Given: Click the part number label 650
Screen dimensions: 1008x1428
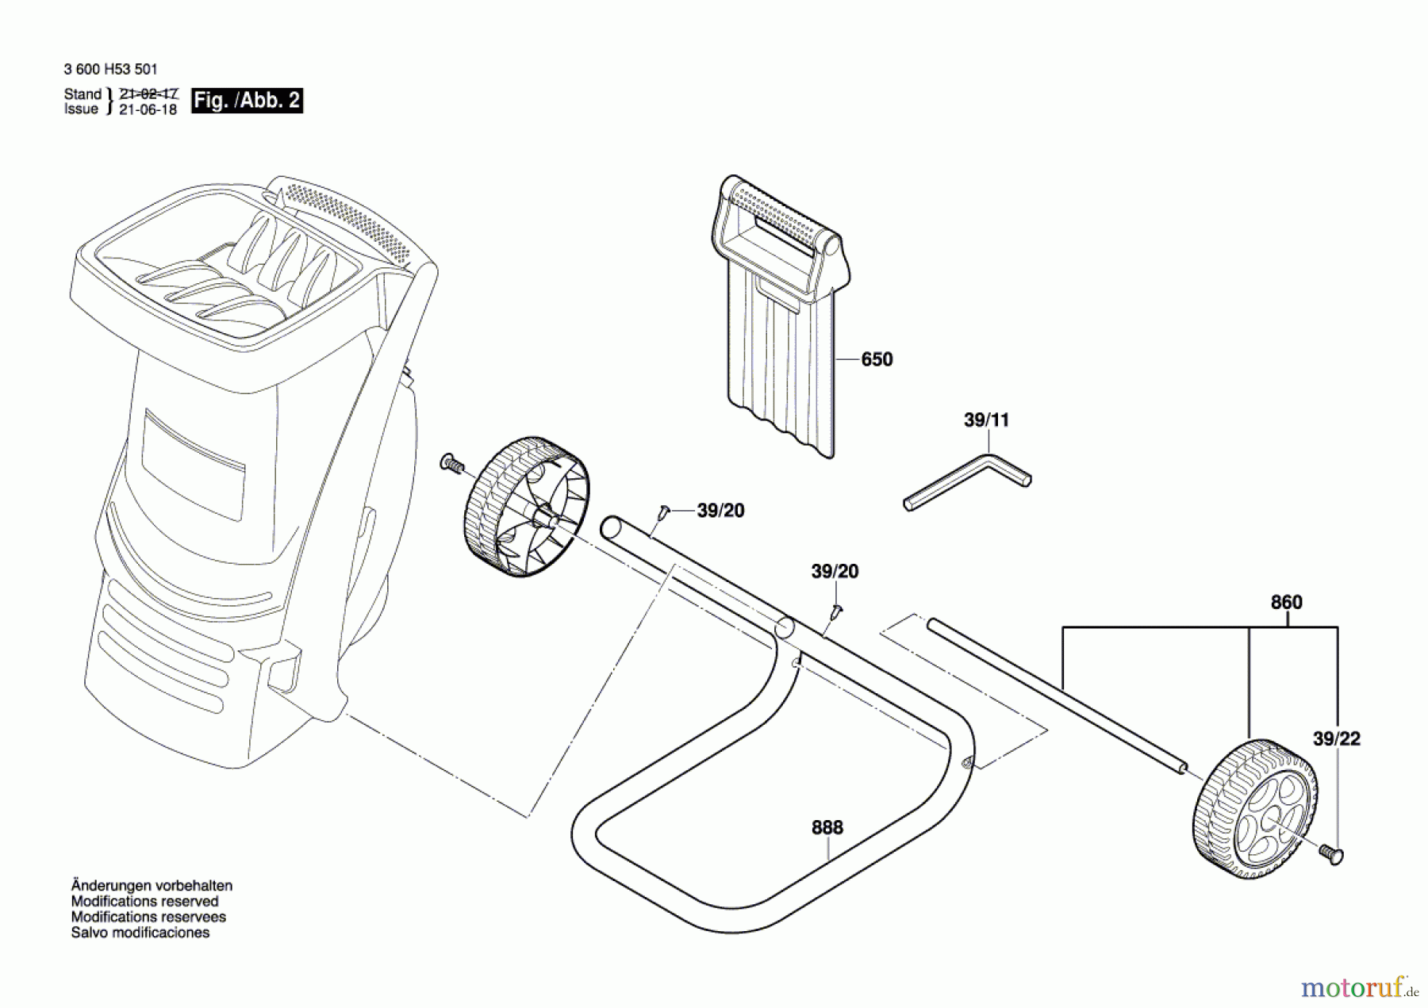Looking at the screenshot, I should pyautogui.click(x=877, y=359).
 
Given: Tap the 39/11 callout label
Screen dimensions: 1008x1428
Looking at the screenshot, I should pyautogui.click(x=986, y=420).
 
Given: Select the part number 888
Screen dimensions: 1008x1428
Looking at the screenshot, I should pyautogui.click(x=827, y=827).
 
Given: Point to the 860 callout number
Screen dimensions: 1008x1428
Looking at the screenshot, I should pyautogui.click(x=1286, y=602).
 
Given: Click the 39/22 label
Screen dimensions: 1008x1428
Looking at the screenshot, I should pyautogui.click(x=1337, y=738).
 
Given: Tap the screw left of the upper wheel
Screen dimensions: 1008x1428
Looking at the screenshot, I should pyautogui.click(x=451, y=463).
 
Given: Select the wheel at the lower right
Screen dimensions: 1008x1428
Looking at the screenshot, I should pyautogui.click(x=1253, y=809).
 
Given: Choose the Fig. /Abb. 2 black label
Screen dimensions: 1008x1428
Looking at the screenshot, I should pyautogui.click(x=247, y=101).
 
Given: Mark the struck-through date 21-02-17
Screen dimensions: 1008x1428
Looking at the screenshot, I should pyautogui.click(x=148, y=94).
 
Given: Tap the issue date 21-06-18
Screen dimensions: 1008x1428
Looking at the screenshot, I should pyautogui.click(x=148, y=109).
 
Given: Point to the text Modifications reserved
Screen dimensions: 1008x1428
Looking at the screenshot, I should pyautogui.click(x=144, y=901).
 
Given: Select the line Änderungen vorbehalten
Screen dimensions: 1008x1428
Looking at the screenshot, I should pyautogui.click(x=152, y=885).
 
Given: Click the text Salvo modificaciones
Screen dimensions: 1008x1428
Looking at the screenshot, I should pyautogui.click(x=140, y=933).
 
